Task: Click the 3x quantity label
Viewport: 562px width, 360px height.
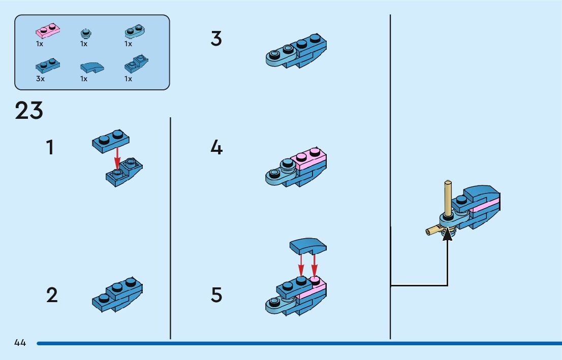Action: pos(40,79)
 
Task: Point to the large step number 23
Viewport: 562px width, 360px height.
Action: pos(29,111)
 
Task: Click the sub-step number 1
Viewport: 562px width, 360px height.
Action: pos(49,148)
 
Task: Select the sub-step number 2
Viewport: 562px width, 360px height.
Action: pos(52,295)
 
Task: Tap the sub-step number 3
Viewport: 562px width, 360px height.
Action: pos(216,39)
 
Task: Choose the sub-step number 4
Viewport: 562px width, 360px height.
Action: pos(216,148)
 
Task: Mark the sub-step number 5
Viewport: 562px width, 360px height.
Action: pos(216,295)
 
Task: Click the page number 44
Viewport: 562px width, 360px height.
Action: pos(20,343)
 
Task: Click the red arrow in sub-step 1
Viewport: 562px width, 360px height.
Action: pos(117,157)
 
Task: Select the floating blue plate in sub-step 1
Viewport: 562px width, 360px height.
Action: pos(111,141)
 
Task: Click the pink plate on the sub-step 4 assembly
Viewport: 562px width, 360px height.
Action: pos(308,160)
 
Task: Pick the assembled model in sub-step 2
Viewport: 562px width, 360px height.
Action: pos(117,294)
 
